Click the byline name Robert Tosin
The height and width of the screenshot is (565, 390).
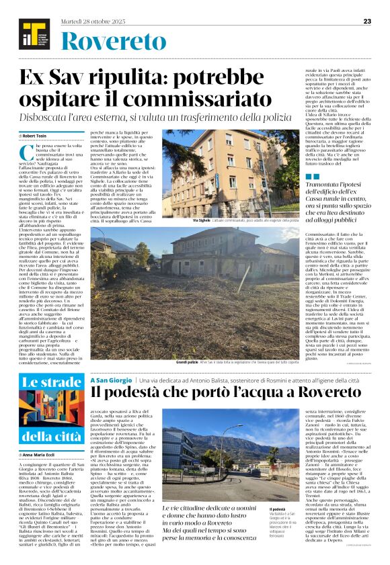(45, 136)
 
